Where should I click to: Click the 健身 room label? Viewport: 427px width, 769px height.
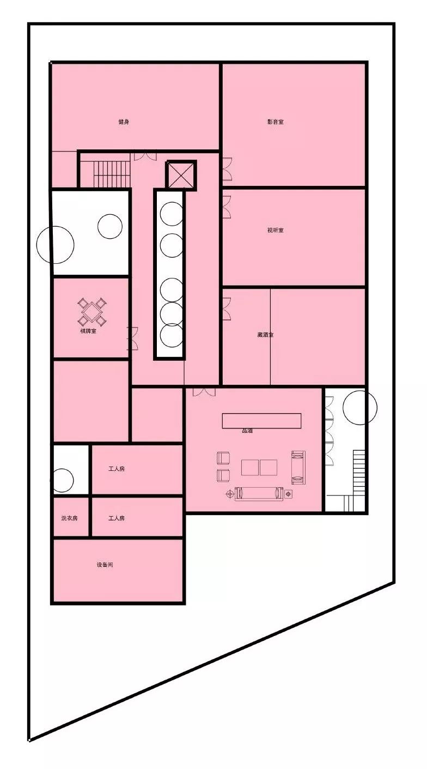tap(124, 122)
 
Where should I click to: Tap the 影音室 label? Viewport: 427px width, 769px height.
tap(276, 122)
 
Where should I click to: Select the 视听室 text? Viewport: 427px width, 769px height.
tap(276, 230)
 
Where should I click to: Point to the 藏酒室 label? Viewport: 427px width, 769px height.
tap(265, 335)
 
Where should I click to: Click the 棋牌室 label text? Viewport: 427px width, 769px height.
tap(88, 331)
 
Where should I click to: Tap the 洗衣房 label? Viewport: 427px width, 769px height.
tap(69, 518)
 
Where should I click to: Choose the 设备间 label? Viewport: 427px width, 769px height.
tap(105, 565)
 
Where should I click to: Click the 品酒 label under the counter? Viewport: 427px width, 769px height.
tap(247, 431)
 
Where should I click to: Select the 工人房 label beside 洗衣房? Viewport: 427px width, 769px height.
tap(117, 518)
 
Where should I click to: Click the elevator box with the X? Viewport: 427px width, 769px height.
tap(181, 175)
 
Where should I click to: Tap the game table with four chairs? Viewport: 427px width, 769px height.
tap(91, 311)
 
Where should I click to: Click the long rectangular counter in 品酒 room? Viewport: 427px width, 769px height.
tap(261, 420)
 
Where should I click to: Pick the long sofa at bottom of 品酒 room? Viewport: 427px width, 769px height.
tap(259, 493)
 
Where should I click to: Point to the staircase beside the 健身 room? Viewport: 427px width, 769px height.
tap(112, 174)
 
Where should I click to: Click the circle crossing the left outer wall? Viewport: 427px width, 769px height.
tap(55, 245)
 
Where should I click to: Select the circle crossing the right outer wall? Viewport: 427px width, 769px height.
tap(360, 407)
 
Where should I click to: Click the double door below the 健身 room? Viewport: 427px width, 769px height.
tap(145, 156)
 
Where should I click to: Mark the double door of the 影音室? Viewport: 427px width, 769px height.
tap(227, 169)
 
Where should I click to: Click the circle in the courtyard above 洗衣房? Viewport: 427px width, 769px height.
tap(63, 480)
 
